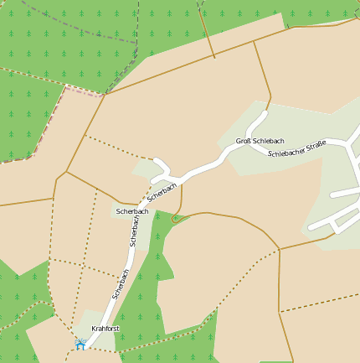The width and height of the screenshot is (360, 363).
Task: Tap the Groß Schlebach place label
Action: click(x=260, y=141)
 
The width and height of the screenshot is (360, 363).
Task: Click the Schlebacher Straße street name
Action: click(x=296, y=149)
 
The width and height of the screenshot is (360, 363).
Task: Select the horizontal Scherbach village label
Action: click(x=132, y=211)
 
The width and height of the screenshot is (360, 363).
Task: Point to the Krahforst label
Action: click(x=105, y=328)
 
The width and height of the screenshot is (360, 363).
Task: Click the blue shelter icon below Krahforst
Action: click(x=80, y=344)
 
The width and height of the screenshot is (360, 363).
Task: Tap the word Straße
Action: click(x=315, y=146)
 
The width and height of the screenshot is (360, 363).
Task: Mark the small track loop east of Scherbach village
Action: click(x=176, y=218)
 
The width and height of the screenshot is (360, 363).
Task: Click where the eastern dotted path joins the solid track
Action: click(x=278, y=250)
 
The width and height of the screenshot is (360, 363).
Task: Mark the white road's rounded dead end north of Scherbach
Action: click(x=157, y=160)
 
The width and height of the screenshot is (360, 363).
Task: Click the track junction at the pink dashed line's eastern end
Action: click(x=105, y=95)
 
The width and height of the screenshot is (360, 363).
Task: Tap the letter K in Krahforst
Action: click(x=94, y=328)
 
